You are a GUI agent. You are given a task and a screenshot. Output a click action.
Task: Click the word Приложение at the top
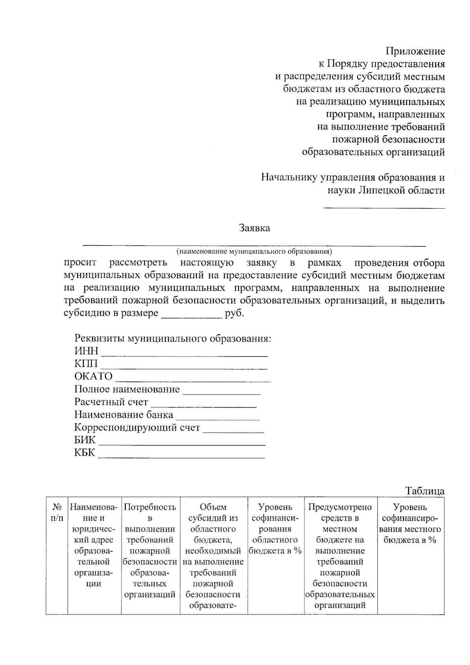[x=416, y=51]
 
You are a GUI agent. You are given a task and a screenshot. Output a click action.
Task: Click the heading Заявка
[x=254, y=228]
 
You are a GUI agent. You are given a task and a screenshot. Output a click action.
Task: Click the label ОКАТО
[x=93, y=377]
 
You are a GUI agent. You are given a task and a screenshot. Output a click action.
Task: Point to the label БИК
[x=85, y=440]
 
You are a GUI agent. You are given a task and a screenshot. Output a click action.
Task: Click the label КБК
[x=85, y=453]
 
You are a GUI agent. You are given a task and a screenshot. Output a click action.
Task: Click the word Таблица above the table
[x=425, y=491]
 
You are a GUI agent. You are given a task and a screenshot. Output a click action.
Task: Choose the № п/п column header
[x=57, y=513]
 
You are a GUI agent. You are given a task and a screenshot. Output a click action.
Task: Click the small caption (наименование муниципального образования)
[x=254, y=251]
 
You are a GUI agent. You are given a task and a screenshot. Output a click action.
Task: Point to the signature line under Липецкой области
[x=384, y=207]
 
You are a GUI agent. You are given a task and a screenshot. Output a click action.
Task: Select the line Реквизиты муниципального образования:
[x=173, y=339]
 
